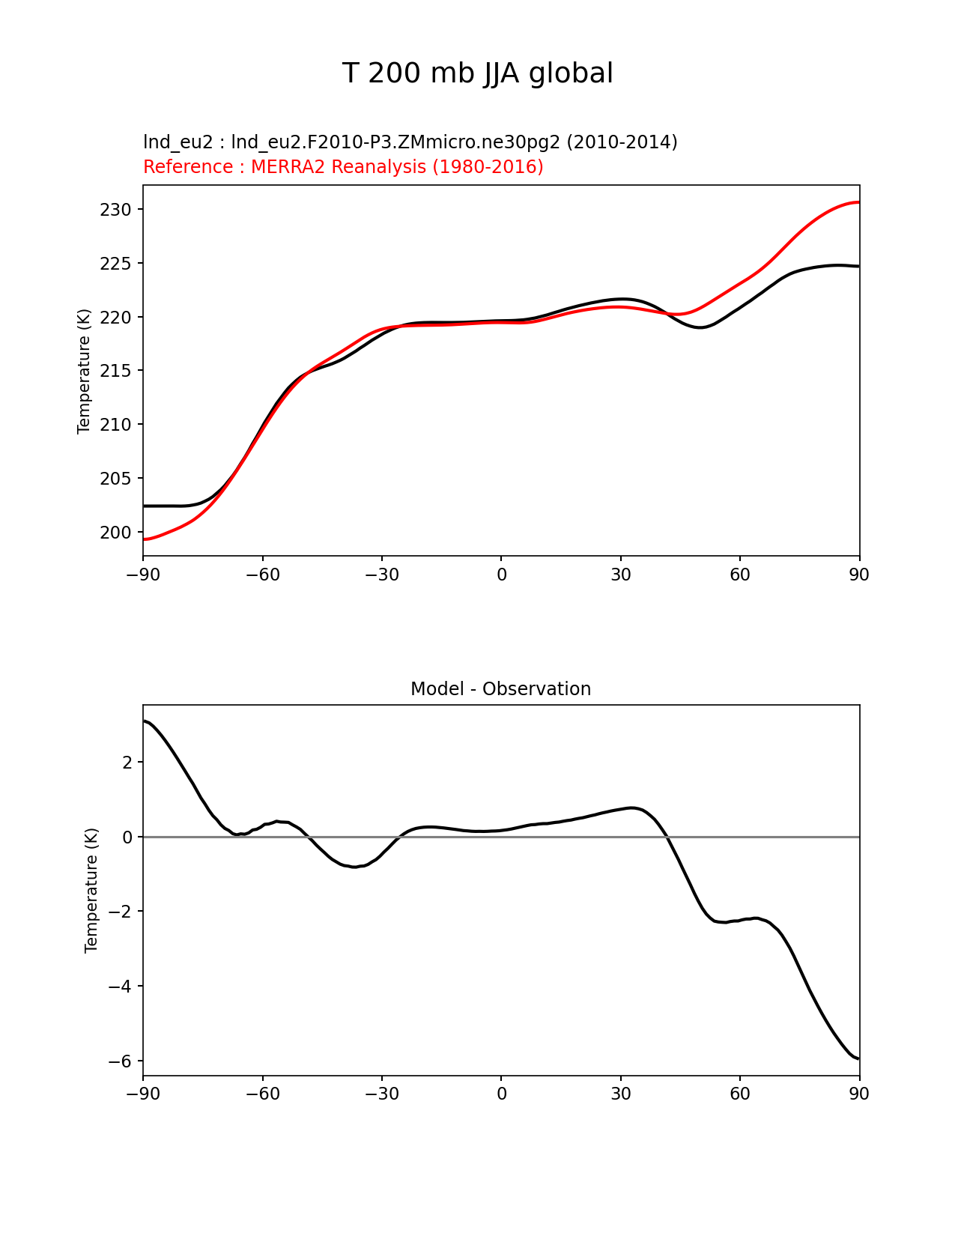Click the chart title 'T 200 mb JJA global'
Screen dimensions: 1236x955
click(x=477, y=73)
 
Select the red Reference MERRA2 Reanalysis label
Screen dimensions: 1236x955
click(x=343, y=167)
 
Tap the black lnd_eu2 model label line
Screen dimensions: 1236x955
click(x=410, y=142)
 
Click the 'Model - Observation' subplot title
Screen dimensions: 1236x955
click(x=500, y=689)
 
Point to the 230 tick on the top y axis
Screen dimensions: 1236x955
click(x=115, y=210)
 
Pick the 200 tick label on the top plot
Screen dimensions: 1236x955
click(x=115, y=533)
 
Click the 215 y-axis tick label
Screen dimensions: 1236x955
click(x=115, y=371)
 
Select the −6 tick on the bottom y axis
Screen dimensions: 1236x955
click(x=120, y=1061)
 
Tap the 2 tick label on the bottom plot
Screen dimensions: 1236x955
click(x=127, y=763)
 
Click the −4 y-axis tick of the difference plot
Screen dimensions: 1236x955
click(x=120, y=987)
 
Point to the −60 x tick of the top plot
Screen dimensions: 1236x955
click(x=262, y=575)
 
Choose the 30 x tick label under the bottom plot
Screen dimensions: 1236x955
click(x=620, y=1094)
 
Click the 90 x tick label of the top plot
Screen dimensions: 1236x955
click(x=859, y=575)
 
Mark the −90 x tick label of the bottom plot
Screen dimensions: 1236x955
click(x=143, y=1094)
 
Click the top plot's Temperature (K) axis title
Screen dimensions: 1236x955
click(x=84, y=371)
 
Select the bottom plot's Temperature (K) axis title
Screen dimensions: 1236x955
click(x=91, y=890)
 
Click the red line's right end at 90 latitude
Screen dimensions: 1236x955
click(x=858, y=202)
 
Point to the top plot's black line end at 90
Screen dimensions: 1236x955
click(x=858, y=266)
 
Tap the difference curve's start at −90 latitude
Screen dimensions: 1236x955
click(x=144, y=721)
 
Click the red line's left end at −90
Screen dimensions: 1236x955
click(x=144, y=539)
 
